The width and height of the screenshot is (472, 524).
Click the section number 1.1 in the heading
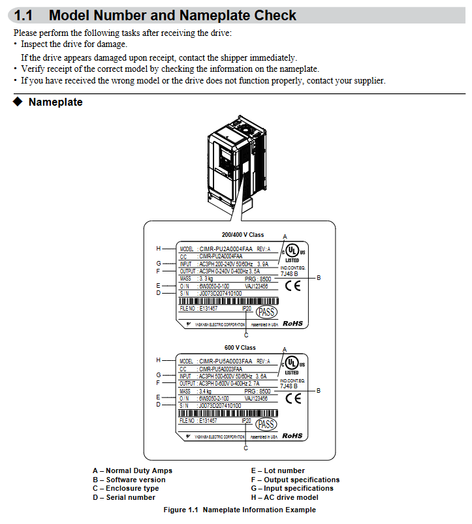(24, 15)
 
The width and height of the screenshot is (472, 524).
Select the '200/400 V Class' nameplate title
(243, 235)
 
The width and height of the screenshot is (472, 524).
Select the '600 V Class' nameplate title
(240, 348)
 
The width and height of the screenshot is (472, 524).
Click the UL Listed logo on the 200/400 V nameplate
(292, 251)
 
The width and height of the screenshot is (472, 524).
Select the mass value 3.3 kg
(208, 278)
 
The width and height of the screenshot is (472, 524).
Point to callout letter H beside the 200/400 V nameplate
(158, 248)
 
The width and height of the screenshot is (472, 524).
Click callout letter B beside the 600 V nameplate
(319, 390)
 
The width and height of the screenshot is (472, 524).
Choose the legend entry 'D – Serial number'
(124, 497)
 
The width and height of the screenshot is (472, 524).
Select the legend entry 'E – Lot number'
(277, 470)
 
